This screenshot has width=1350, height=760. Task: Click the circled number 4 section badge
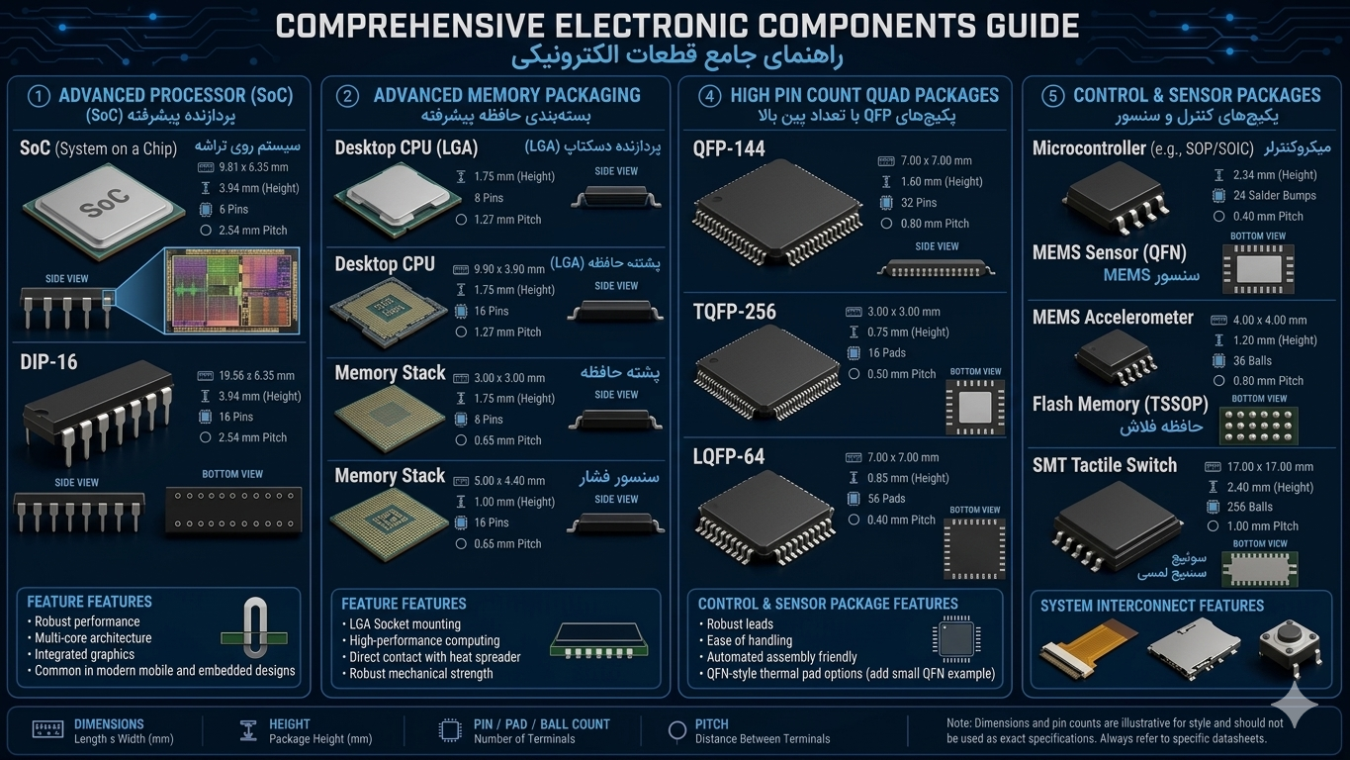click(x=709, y=97)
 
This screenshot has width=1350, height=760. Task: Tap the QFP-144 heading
click(x=729, y=149)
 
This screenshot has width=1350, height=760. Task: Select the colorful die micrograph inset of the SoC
click(x=232, y=291)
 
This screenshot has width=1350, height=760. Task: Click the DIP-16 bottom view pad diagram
click(x=233, y=510)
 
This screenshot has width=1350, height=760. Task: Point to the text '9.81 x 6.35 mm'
click(x=253, y=167)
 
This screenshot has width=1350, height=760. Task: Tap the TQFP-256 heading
click(x=734, y=312)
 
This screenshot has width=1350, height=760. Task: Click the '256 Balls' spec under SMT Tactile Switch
click(x=1250, y=507)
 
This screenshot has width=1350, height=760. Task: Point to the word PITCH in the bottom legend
click(x=712, y=723)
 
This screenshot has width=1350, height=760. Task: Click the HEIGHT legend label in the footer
click(x=289, y=723)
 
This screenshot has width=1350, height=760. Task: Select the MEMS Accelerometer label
click(x=1113, y=318)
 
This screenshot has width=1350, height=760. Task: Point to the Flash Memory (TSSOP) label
click(x=1120, y=404)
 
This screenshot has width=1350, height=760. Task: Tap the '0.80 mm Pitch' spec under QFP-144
click(x=935, y=224)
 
